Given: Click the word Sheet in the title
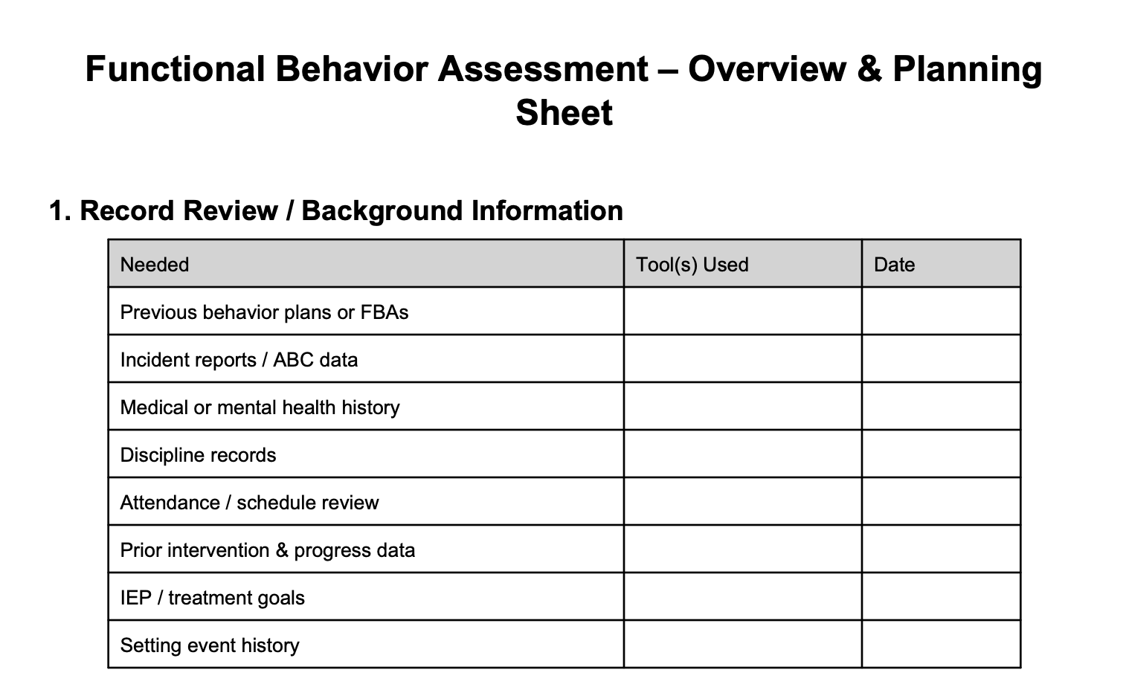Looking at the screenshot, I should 564,113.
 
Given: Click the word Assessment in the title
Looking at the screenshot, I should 543,69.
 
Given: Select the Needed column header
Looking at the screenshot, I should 155,265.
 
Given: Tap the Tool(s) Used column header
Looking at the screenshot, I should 692,265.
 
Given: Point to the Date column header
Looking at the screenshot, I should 894,265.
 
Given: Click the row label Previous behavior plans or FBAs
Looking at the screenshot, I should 264,312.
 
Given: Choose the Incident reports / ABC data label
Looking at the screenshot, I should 239,360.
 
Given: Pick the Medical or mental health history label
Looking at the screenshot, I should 260,407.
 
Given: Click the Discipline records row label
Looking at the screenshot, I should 198,455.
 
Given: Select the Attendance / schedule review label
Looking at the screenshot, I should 249,503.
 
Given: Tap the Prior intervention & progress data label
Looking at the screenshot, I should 267,550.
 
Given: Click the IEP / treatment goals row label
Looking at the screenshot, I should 212,598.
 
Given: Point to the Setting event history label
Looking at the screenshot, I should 210,645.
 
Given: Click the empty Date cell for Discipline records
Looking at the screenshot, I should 941,454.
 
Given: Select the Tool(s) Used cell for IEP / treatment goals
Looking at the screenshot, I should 742,597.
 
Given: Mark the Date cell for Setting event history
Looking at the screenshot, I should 941,645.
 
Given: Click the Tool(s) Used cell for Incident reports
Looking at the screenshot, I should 742,359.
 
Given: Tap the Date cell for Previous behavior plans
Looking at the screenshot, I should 941,312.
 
